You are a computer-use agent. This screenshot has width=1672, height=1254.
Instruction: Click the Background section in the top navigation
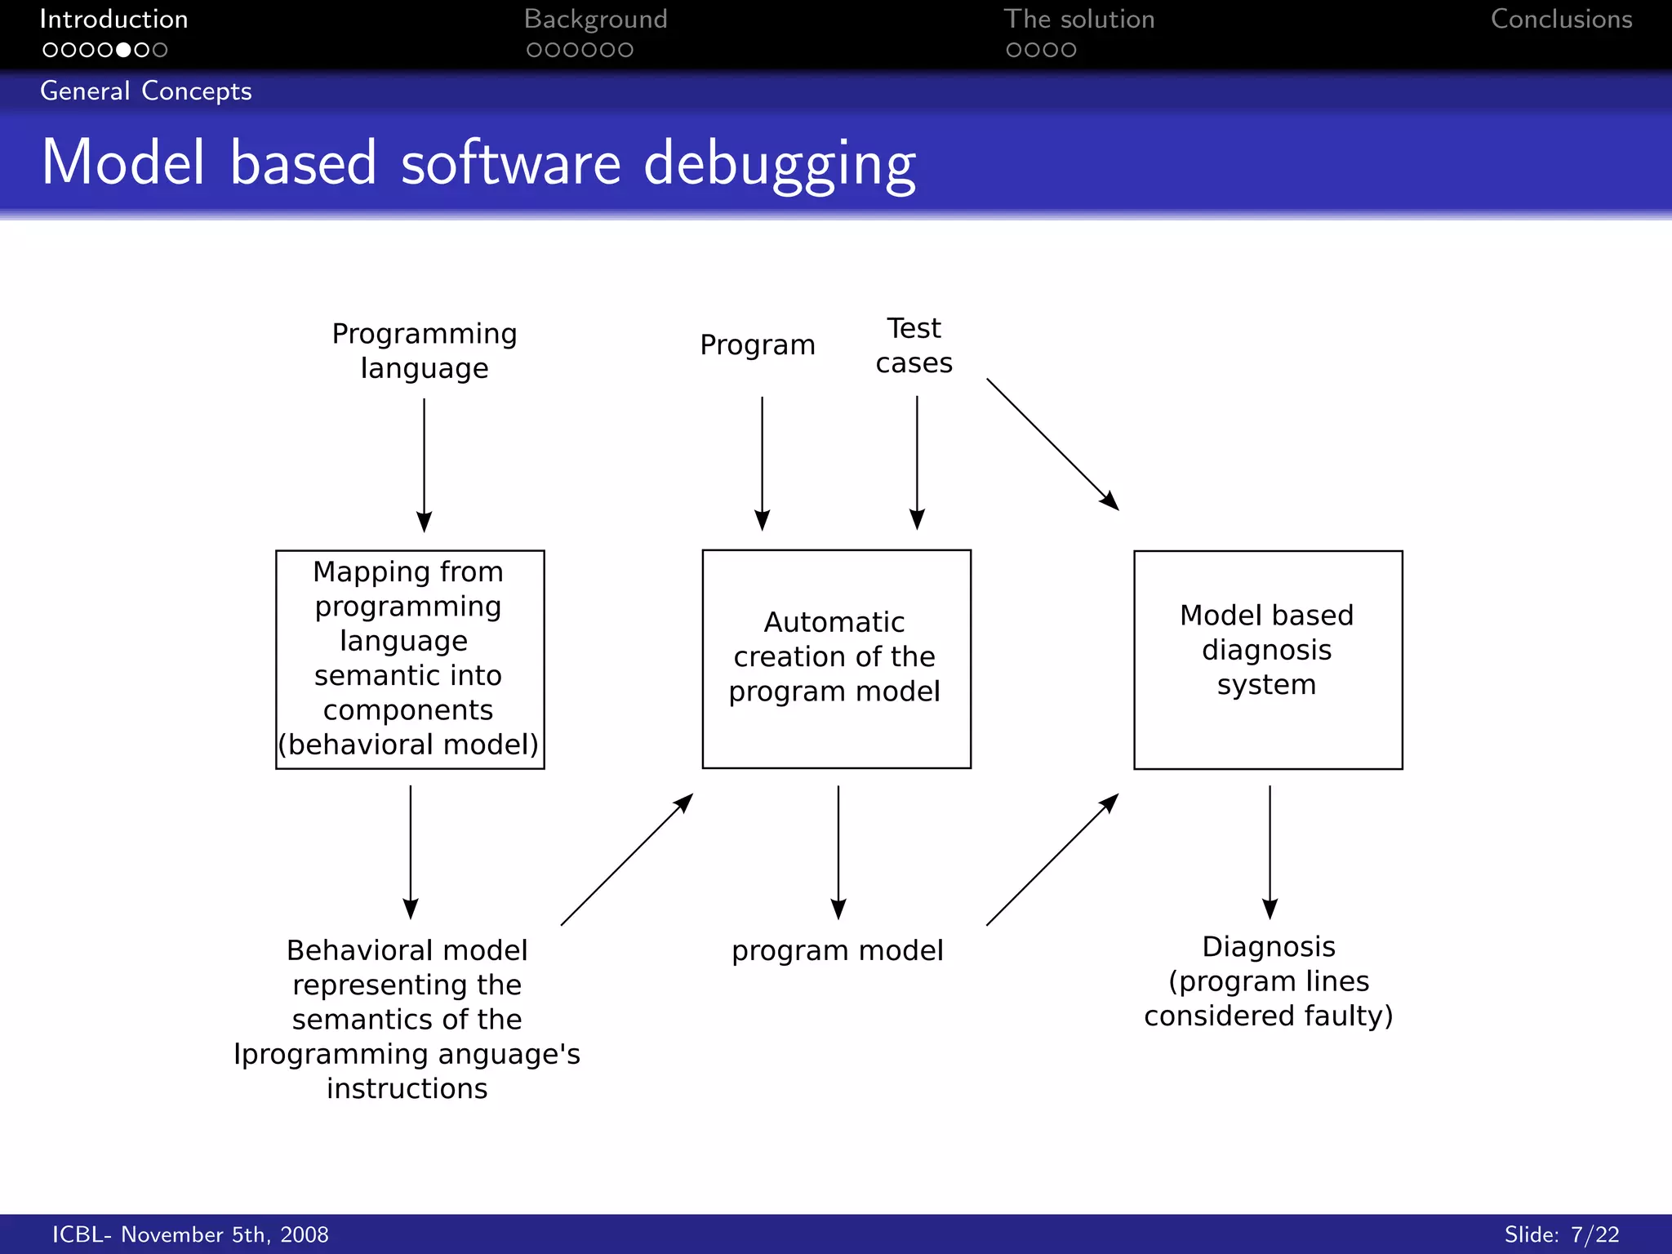(595, 20)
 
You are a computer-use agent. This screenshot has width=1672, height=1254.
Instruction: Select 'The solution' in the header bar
(1078, 20)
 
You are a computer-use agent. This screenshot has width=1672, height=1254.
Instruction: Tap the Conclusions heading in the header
(1561, 20)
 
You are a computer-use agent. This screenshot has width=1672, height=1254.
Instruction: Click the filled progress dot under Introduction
(123, 50)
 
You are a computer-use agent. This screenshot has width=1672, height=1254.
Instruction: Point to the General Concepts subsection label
(146, 91)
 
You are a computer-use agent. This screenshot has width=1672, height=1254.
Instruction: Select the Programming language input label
(425, 351)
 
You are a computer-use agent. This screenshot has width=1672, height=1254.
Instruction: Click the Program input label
(758, 345)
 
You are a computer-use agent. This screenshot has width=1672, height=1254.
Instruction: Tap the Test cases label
(914, 345)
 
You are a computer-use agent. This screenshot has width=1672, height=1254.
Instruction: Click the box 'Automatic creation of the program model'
(836, 658)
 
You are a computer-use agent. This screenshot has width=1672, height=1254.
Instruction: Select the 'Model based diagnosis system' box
(1267, 660)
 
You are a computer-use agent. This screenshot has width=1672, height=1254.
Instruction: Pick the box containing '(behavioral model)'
(410, 659)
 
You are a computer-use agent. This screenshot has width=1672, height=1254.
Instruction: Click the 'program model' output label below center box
(837, 950)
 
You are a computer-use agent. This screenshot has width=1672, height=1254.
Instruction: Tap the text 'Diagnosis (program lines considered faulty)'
(1268, 981)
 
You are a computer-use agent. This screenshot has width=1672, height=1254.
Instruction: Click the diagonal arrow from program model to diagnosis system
(1052, 860)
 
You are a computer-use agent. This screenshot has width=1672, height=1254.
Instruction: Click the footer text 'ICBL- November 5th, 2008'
(190, 1234)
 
